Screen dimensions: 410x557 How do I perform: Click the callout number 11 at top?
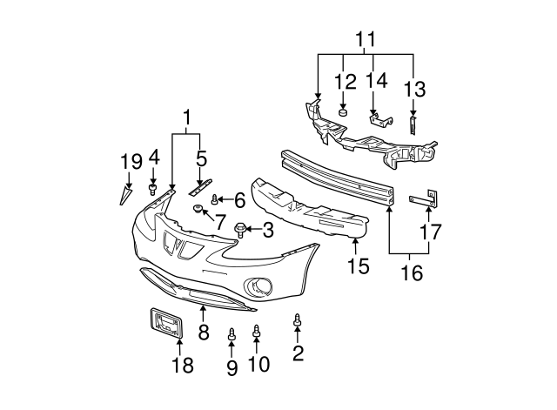[x=366, y=39]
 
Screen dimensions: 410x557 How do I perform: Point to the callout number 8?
[x=204, y=332]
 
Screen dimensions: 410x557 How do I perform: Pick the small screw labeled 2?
[x=298, y=320]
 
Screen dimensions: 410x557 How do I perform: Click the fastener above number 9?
[x=232, y=334]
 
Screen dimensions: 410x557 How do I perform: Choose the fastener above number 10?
[x=257, y=331]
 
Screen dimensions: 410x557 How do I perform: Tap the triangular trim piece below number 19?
[x=124, y=195]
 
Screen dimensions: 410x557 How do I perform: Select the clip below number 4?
[x=153, y=187]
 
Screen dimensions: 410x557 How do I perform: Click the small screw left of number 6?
[x=214, y=200]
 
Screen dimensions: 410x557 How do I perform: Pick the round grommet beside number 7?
[x=198, y=209]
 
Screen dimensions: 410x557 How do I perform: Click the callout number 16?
[x=411, y=273]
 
